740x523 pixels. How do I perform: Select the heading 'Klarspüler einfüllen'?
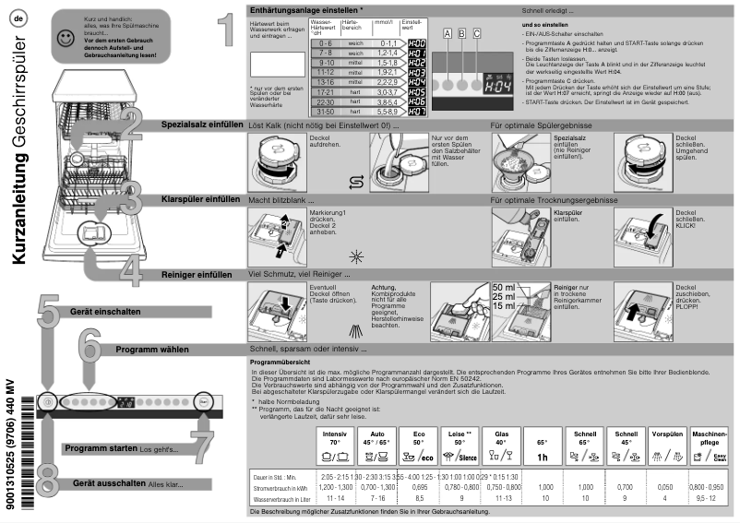tap(201, 198)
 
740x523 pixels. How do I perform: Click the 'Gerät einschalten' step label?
tap(105, 312)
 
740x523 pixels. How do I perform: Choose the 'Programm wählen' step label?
tap(152, 351)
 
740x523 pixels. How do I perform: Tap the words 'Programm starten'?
tap(101, 448)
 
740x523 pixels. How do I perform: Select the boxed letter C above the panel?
tap(477, 33)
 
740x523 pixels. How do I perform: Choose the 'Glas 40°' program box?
tap(502, 447)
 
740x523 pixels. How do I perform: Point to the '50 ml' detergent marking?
tap(503, 288)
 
